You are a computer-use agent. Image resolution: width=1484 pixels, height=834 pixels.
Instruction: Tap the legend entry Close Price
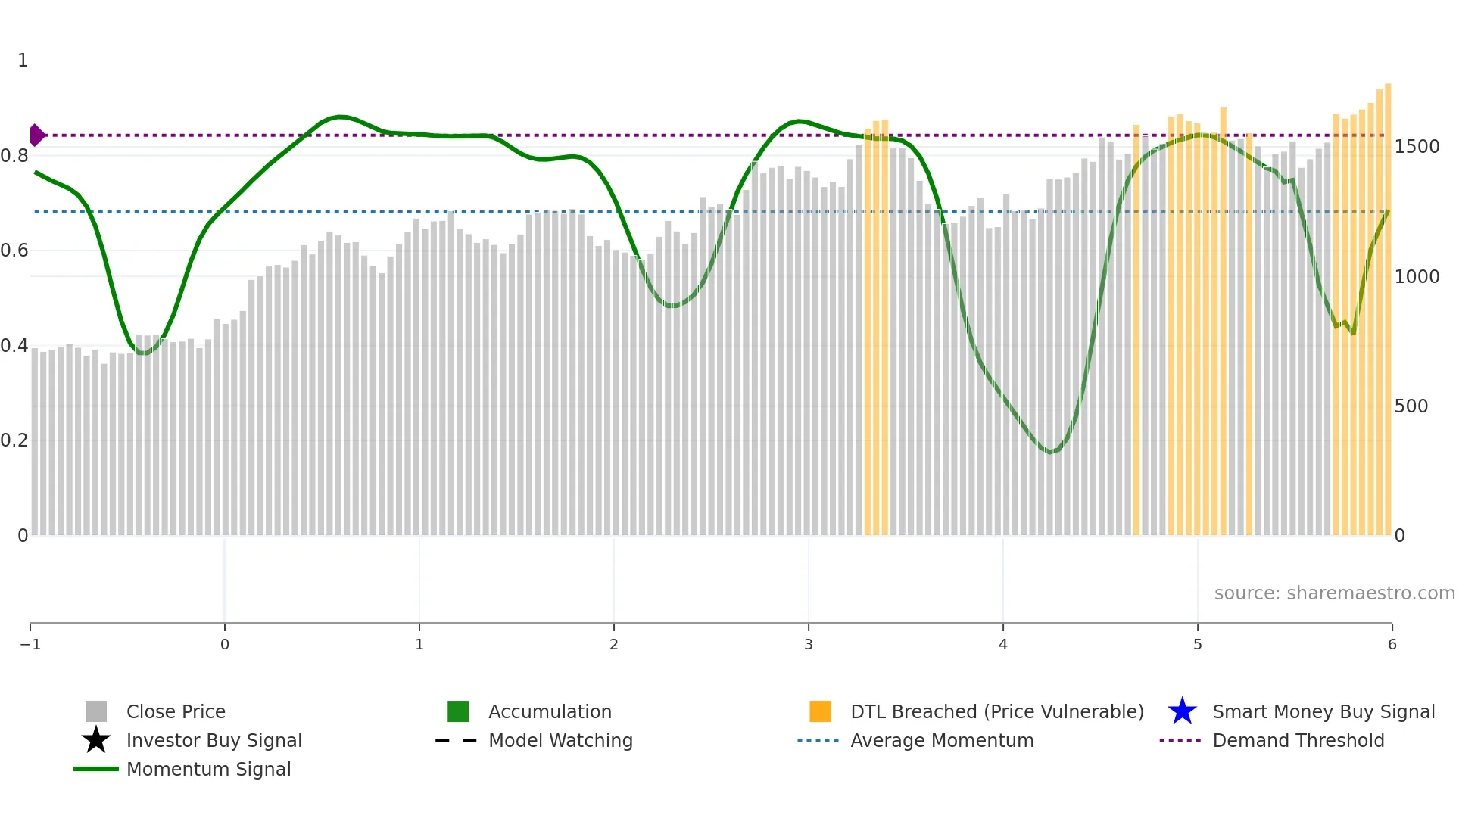[176, 711]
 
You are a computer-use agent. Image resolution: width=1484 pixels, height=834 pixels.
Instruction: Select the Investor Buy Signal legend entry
[214, 740]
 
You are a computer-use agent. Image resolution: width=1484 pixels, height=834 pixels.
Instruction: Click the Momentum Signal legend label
[208, 769]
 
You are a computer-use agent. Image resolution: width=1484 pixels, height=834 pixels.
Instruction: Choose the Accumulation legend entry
[550, 711]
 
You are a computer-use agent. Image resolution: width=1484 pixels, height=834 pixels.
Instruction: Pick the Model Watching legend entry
[560, 740]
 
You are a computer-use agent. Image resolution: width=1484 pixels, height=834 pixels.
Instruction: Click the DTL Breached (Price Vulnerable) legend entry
[996, 711]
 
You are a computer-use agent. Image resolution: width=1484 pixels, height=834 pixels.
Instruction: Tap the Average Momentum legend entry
[942, 740]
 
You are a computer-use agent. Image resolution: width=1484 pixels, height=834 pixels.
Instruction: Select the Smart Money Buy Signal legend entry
[1323, 711]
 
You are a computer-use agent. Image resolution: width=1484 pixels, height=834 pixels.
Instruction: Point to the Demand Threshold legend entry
[1298, 740]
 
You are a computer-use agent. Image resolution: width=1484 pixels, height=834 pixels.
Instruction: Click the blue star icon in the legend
[1182, 711]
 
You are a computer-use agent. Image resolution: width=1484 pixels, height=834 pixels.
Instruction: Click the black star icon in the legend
[96, 740]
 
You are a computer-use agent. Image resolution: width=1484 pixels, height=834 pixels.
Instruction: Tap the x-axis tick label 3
[809, 644]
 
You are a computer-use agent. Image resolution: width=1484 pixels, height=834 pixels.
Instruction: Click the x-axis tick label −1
[30, 644]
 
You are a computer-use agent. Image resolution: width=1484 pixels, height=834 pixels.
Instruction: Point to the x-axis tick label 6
[1392, 644]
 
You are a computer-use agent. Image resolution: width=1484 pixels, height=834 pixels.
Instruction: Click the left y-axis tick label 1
[23, 61]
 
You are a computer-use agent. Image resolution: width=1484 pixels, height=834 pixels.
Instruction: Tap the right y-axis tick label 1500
[1417, 147]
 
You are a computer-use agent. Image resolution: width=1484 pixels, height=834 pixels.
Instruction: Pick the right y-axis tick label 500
[1411, 406]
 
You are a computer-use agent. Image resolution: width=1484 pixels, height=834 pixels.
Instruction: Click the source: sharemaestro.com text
[1334, 593]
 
